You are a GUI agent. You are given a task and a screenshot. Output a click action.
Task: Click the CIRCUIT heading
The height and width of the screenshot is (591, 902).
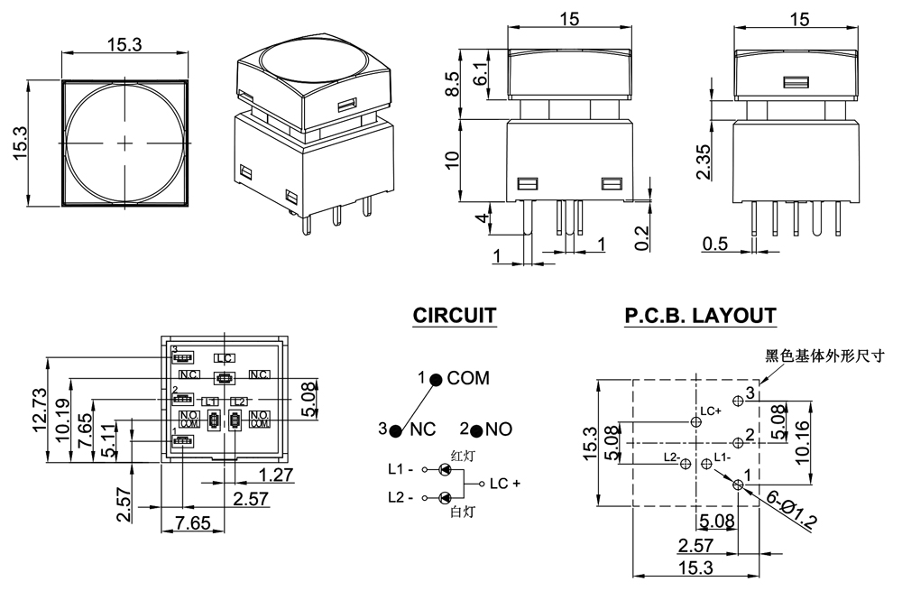pyautogui.click(x=454, y=316)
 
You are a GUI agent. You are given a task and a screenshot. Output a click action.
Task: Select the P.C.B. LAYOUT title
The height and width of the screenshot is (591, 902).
pyautogui.click(x=699, y=316)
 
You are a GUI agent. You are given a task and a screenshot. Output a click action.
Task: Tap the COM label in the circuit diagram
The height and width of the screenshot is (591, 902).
pyautogui.click(x=468, y=378)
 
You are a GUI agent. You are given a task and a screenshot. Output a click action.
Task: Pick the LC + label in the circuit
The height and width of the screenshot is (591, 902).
pyautogui.click(x=505, y=484)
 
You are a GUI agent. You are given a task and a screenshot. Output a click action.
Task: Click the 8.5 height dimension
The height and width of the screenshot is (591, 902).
pyautogui.click(x=453, y=84)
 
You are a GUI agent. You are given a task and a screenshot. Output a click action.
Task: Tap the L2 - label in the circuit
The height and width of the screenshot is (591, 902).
pyautogui.click(x=400, y=497)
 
